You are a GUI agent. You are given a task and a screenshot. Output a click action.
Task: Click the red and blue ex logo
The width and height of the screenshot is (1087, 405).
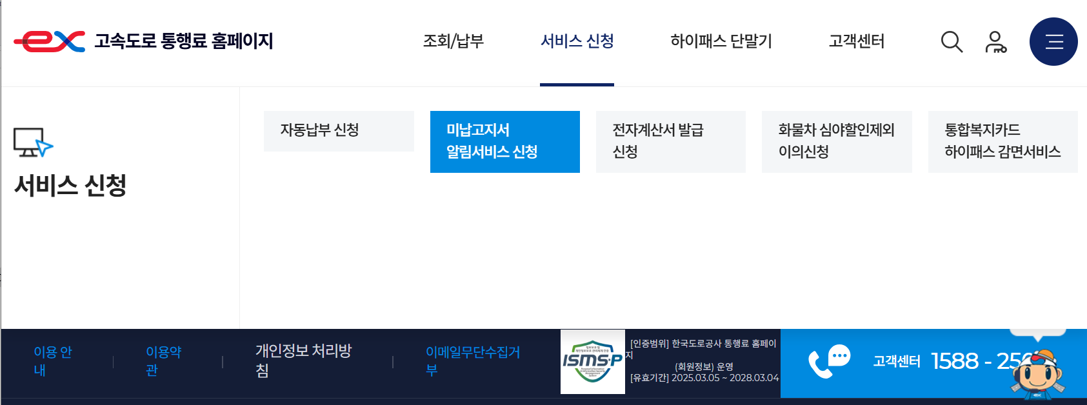[50, 41]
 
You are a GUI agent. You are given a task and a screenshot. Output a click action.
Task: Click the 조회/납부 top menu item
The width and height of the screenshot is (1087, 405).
[453, 41]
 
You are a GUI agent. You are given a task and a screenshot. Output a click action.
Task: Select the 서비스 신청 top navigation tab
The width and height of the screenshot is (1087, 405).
[577, 41]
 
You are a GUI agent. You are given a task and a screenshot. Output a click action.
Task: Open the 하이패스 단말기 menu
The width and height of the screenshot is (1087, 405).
[721, 41]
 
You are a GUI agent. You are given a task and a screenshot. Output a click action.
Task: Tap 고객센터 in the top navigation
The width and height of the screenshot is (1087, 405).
[856, 41]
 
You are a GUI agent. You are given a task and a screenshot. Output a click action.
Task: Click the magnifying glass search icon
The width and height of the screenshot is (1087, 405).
[952, 42]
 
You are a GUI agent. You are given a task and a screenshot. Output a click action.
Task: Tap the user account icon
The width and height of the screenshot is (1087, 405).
[995, 42]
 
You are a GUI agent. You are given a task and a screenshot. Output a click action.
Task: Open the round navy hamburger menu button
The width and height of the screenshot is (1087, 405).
[1053, 42]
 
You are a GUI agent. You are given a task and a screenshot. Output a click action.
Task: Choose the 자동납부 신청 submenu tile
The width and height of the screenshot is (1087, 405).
[339, 131]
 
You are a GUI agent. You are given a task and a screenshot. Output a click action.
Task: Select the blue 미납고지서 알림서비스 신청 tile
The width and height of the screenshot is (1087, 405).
[504, 141]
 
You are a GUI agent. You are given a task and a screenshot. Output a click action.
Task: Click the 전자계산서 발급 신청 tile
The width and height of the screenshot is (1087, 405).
[670, 141]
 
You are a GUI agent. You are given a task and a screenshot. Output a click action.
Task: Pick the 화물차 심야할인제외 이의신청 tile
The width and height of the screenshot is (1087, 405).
[836, 141]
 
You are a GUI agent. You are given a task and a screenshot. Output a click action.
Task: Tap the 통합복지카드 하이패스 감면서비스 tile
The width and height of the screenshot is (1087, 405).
[1002, 141]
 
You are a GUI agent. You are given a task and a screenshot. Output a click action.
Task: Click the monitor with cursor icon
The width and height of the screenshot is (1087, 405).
[33, 142]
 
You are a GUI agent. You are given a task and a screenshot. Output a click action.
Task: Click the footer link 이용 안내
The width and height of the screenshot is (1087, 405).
[52, 361]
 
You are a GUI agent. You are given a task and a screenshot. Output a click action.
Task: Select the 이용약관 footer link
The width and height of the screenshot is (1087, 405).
[163, 361]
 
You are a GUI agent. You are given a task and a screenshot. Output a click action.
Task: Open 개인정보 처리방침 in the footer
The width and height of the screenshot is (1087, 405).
[303, 361]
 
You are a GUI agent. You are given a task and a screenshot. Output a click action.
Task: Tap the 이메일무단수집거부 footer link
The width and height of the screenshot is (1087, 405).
[472, 361]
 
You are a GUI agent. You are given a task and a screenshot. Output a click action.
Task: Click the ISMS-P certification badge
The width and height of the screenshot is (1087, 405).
[592, 362]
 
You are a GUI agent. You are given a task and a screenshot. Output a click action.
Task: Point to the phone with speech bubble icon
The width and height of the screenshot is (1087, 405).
[829, 362]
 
